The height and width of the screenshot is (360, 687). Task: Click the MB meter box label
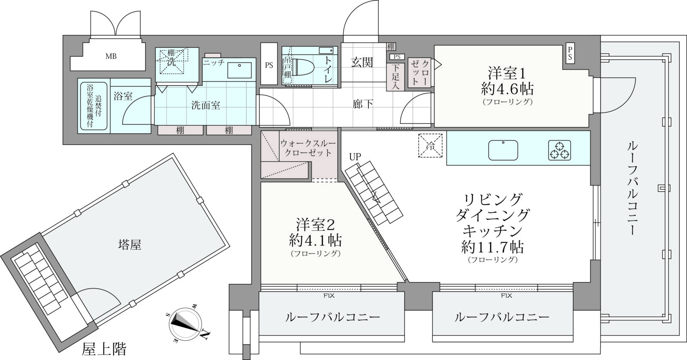[111, 56]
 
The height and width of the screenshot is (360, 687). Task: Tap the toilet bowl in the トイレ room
[302, 67]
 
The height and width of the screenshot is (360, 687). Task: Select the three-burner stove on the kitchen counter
[559, 150]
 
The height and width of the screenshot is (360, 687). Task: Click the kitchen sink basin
[503, 150]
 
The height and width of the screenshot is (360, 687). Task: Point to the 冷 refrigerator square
[430, 146]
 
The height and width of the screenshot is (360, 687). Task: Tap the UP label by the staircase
[355, 157]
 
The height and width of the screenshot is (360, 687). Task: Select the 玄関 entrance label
[362, 63]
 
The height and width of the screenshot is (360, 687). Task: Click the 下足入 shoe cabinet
[395, 77]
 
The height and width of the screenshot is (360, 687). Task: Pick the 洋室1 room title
[507, 73]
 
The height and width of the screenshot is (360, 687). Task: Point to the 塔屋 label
[130, 245]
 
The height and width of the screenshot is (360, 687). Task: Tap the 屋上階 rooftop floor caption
[104, 349]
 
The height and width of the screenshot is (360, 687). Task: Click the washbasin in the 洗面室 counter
[240, 70]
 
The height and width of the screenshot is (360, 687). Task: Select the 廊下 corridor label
[362, 104]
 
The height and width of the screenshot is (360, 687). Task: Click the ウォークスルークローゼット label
[308, 148]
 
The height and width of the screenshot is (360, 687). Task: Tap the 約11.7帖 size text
[492, 247]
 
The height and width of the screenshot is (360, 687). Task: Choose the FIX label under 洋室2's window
[329, 296]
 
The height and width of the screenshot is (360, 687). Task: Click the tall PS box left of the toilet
[269, 64]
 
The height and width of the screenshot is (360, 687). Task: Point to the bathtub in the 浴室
[94, 106]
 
